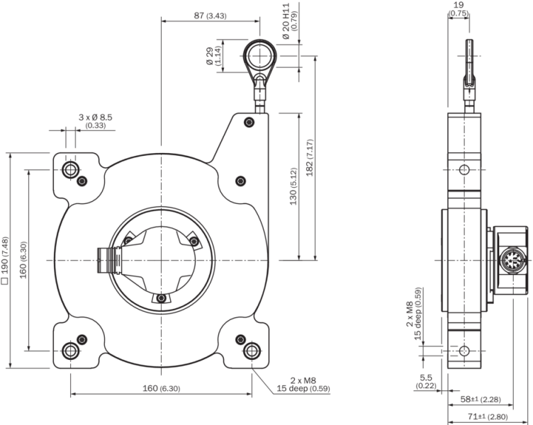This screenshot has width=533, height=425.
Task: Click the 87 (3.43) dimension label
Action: [210, 16]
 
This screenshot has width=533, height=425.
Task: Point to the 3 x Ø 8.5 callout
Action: [95, 121]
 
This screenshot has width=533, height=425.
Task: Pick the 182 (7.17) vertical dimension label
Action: [310, 157]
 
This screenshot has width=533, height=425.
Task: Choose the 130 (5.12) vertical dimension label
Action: [293, 186]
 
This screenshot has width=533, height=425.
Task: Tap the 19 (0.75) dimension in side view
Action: [458, 9]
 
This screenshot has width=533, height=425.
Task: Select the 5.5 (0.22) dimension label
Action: [425, 382]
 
